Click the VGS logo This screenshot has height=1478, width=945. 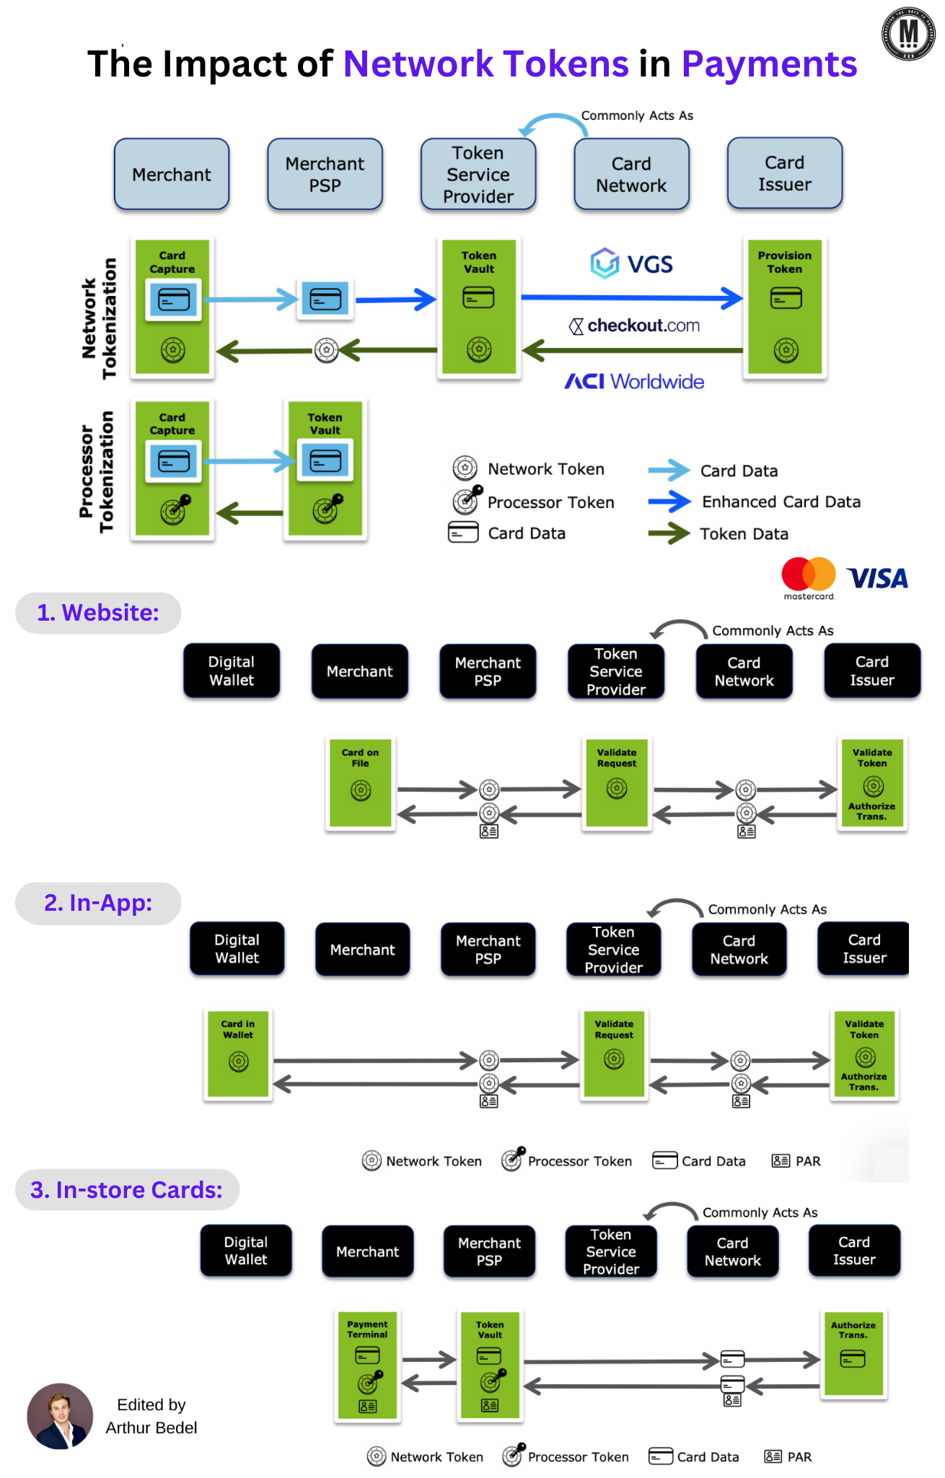632,264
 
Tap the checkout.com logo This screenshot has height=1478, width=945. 635,326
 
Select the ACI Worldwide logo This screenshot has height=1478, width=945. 634,381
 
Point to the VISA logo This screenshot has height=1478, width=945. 877,578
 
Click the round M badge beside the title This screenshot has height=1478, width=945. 908,34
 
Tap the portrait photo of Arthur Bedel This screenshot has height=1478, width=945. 60,1416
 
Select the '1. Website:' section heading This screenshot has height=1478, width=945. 98,613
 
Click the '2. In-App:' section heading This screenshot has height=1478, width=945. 98,903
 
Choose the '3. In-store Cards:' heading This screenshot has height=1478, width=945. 127,1189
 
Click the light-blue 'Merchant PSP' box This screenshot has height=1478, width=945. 325,175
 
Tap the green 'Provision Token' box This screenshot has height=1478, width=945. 785,307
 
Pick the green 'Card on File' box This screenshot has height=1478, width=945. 361,782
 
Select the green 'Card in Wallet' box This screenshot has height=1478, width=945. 238,1054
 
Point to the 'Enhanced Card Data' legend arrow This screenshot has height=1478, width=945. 669,502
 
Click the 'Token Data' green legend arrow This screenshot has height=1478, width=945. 669,534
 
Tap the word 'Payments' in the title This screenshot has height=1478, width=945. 769,64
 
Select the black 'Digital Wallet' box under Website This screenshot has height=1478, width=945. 232,671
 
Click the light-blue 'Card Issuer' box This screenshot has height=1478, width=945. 785,174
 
